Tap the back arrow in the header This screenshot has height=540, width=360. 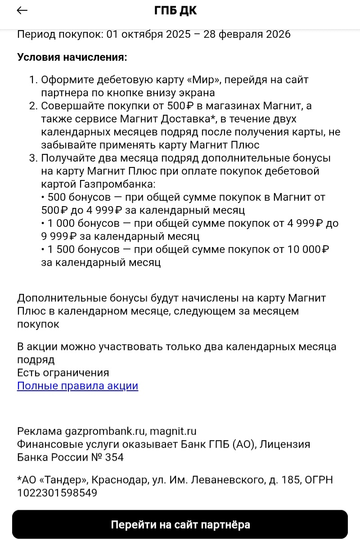pyautogui.click(x=22, y=11)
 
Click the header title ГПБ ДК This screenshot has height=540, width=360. pyautogui.click(x=175, y=11)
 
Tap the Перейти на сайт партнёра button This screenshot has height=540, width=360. pyautogui.click(x=180, y=524)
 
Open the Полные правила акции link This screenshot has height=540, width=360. pyautogui.click(x=77, y=386)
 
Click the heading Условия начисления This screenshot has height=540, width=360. pyautogui.click(x=72, y=57)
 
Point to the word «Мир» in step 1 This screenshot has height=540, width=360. pyautogui.click(x=203, y=80)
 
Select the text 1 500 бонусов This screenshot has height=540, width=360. pyautogui.click(x=79, y=249)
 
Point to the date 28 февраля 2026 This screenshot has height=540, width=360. pyautogui.click(x=247, y=34)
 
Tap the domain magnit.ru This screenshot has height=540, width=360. pyautogui.click(x=173, y=432)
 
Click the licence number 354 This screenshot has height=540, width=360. pyautogui.click(x=115, y=458)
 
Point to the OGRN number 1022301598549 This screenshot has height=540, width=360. pyautogui.click(x=57, y=493)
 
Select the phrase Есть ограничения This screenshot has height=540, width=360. pyautogui.click(x=63, y=373)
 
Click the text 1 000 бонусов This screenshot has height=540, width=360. pyautogui.click(x=79, y=223)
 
